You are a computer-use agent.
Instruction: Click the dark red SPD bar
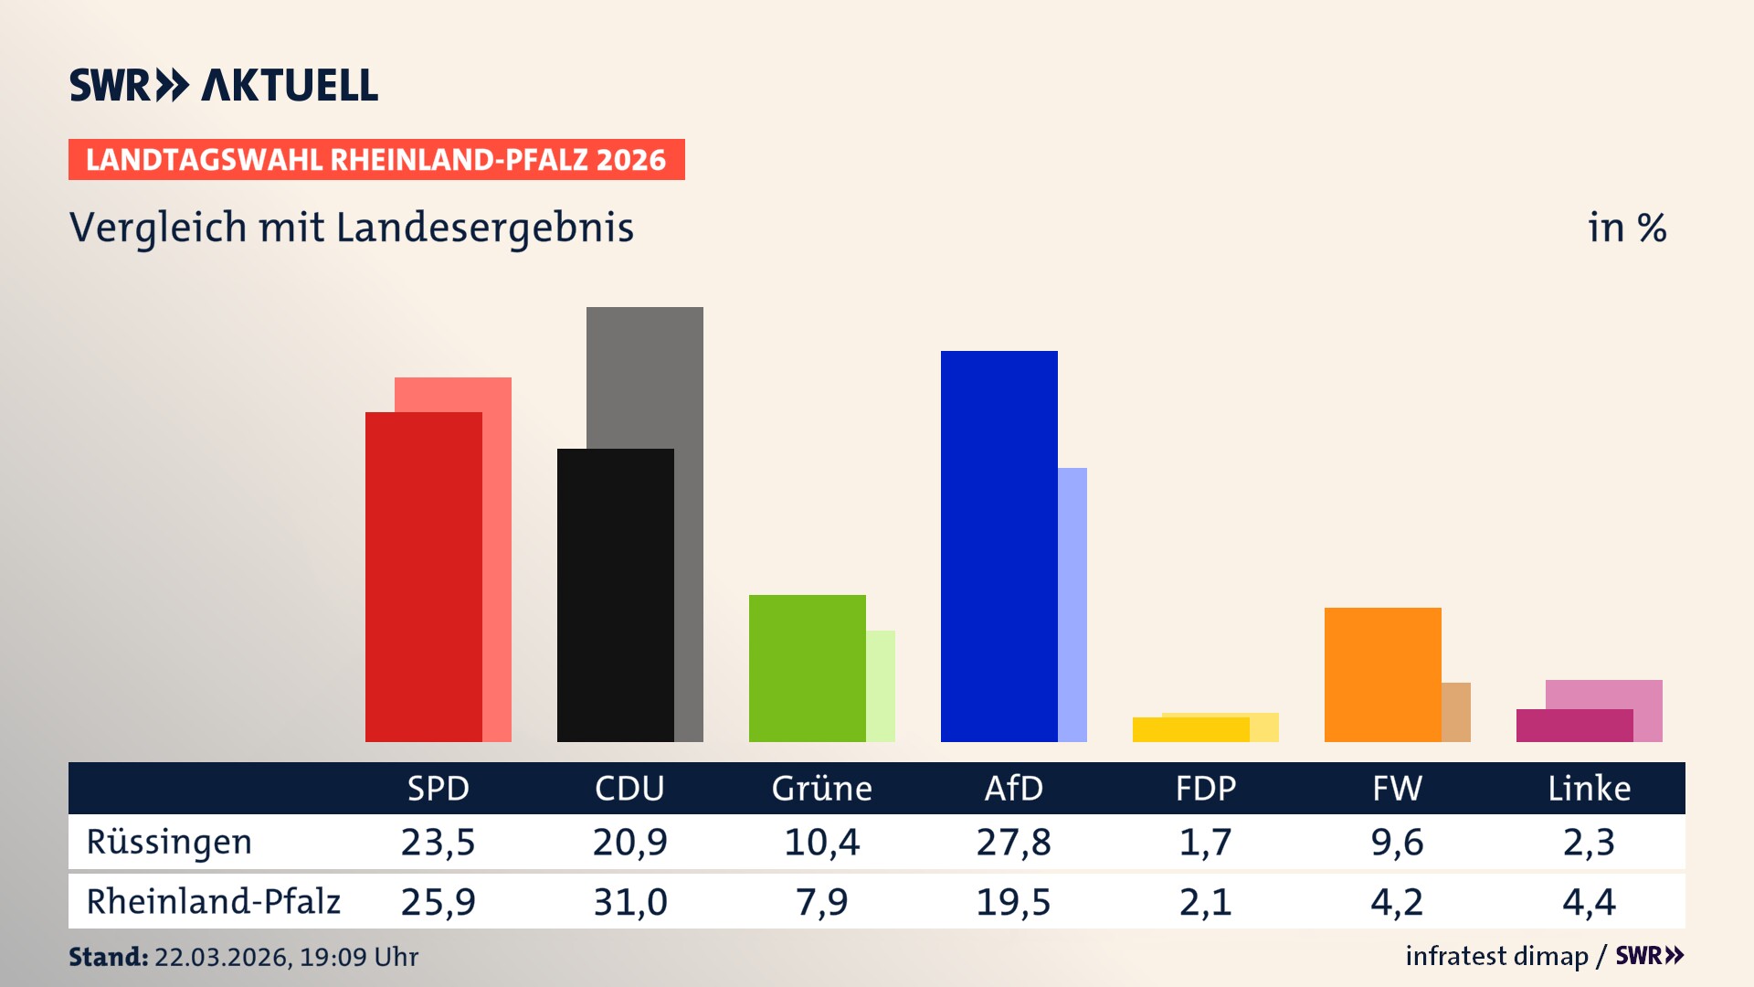(423, 576)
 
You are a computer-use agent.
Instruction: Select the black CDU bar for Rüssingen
(615, 594)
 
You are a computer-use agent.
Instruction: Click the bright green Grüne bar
(807, 668)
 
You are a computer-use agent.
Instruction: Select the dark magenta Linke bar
(1574, 726)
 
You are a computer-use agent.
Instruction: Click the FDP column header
(1205, 789)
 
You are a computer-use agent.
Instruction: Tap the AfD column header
(1013, 789)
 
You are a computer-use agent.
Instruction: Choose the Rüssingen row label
(169, 842)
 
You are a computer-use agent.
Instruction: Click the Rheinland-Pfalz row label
(213, 902)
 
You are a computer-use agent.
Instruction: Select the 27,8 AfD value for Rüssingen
(1013, 842)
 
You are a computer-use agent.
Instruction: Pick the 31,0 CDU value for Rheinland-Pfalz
(629, 902)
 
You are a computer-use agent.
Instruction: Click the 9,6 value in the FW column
(1397, 842)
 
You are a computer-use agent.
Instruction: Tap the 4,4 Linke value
(1589, 902)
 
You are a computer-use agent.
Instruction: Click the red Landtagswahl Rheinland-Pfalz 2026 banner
(376, 160)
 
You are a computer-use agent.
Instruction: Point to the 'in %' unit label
(1626, 228)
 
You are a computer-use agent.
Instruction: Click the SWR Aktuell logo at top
(224, 85)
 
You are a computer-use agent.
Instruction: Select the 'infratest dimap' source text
(1496, 956)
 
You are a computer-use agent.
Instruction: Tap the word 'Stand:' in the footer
(108, 957)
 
